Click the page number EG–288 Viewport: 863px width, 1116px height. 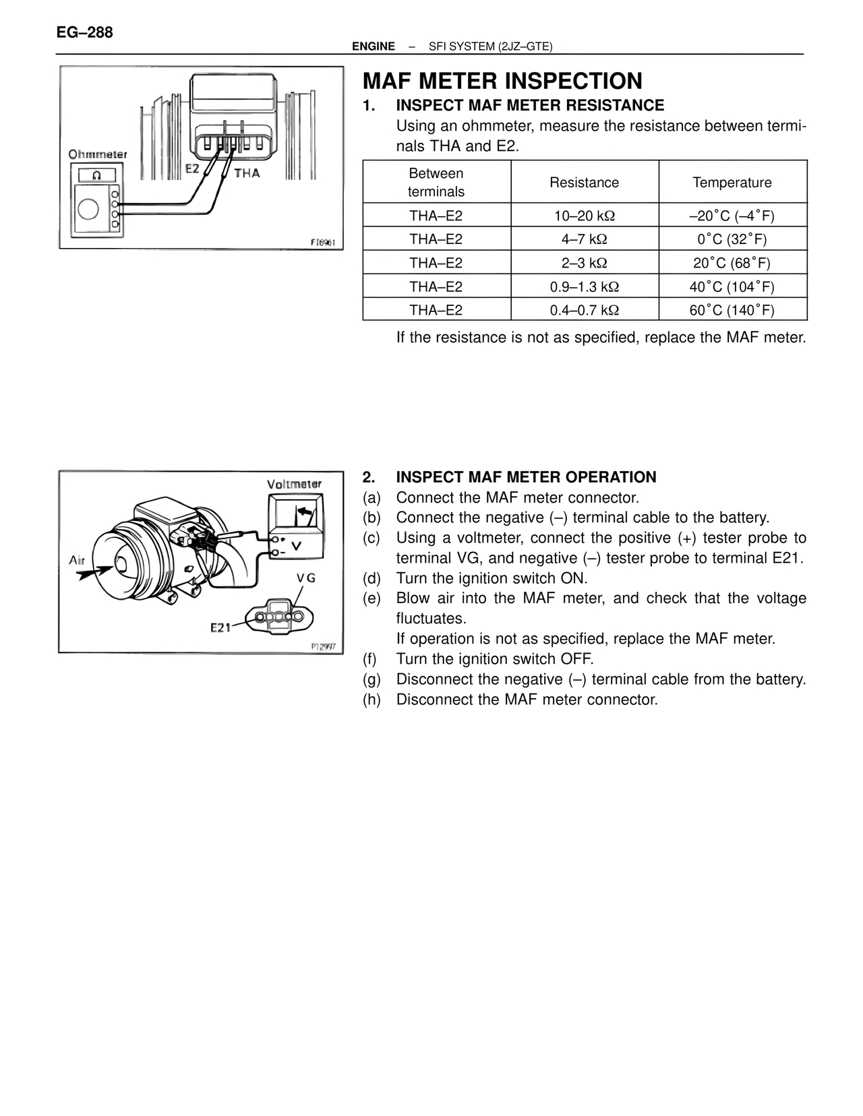(x=85, y=32)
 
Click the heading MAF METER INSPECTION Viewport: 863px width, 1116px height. (x=502, y=81)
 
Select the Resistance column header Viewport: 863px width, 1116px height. (x=584, y=183)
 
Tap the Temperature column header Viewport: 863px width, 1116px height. (x=732, y=183)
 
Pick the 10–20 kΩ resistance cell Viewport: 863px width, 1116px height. (x=584, y=216)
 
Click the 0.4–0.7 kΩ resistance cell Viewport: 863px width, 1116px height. (x=584, y=310)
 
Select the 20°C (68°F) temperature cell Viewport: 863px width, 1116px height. (x=732, y=263)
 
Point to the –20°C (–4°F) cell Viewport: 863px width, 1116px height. (x=732, y=216)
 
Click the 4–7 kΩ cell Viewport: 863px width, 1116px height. (x=584, y=239)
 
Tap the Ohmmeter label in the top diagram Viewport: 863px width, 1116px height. (x=98, y=154)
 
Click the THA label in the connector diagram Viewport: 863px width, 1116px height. (x=247, y=173)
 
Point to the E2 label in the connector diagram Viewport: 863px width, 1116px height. (x=193, y=168)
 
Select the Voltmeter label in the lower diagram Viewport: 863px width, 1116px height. (x=294, y=484)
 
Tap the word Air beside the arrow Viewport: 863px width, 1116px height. (x=77, y=560)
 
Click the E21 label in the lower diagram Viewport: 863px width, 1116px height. (x=220, y=627)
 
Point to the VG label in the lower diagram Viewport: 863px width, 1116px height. (x=306, y=578)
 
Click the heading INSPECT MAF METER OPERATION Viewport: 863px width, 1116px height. (x=526, y=477)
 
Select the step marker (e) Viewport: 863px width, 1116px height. (x=371, y=598)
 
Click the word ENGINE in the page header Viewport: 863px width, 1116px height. (x=374, y=46)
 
